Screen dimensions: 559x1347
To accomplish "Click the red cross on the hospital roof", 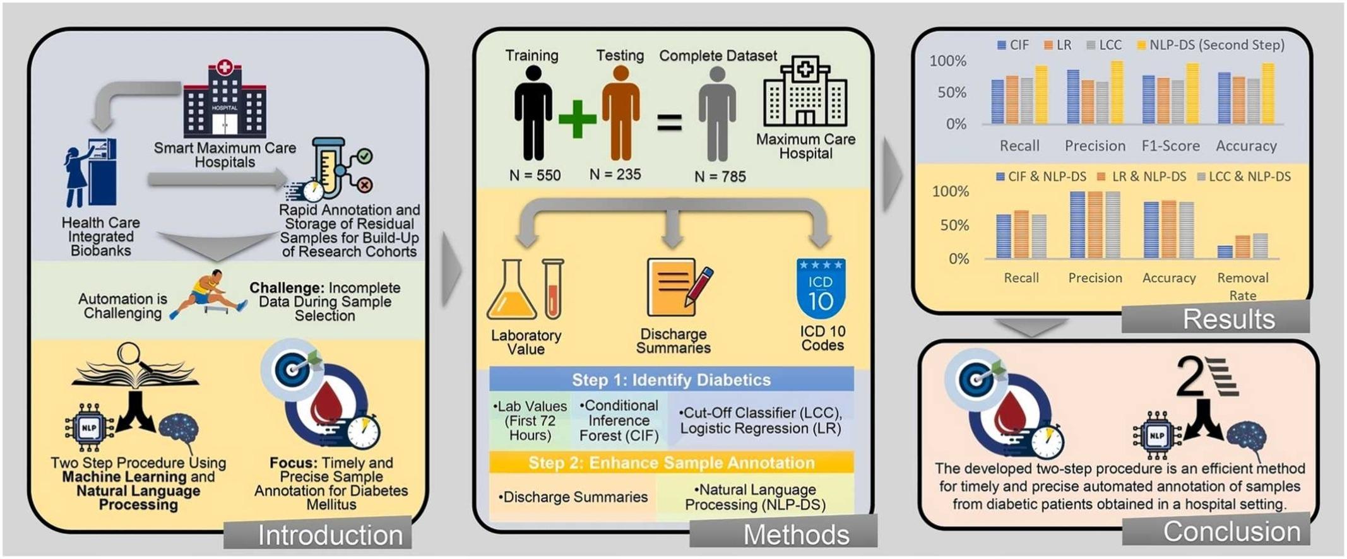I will [x=224, y=67].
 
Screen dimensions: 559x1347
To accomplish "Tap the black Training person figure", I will [x=533, y=114].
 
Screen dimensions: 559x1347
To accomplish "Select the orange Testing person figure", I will [x=620, y=114].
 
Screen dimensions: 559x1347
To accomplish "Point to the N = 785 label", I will [x=720, y=177].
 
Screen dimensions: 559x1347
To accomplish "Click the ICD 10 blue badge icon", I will [x=821, y=288].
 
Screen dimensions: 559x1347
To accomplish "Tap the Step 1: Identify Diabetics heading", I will [x=671, y=380].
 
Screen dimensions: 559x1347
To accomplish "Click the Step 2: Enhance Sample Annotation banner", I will [x=671, y=463].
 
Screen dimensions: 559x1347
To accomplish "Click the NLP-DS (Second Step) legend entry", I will [x=1210, y=45].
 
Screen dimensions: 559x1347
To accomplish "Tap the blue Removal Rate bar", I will [x=1225, y=252].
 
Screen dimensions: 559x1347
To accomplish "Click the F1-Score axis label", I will [x=1170, y=146].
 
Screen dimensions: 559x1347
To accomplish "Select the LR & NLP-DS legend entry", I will [x=1142, y=177].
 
